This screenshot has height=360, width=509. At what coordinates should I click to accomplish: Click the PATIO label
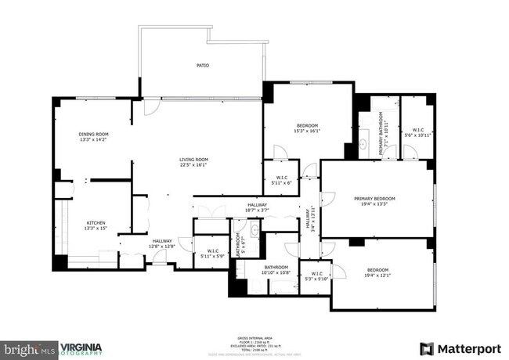coord(202,66)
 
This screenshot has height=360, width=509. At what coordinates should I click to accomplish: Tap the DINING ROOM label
coord(94,134)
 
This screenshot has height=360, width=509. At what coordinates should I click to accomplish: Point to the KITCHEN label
coord(96,223)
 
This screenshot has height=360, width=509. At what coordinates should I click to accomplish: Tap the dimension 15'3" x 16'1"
coord(307,131)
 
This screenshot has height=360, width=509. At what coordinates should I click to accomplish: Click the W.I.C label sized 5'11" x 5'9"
coord(212,251)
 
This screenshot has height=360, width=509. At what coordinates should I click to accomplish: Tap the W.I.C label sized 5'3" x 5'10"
coord(322,274)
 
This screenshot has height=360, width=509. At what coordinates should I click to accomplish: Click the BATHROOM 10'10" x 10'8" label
coord(276,268)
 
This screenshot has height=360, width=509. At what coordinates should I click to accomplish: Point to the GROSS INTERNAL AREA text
coord(254,337)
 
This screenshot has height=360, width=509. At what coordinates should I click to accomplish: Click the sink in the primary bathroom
coord(366,145)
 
